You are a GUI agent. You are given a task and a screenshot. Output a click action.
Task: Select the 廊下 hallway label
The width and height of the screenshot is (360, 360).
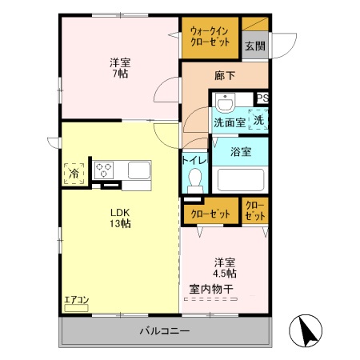pos(225,76)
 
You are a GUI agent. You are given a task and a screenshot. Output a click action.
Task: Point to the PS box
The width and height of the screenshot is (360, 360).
pos(262,98)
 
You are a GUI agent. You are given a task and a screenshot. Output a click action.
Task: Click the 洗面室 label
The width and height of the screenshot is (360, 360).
pos(229,123)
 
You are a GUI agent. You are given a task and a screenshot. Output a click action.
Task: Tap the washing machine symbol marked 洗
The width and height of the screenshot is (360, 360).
pos(259,120)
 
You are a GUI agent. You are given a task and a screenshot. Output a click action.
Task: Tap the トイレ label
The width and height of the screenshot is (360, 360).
pos(195,160)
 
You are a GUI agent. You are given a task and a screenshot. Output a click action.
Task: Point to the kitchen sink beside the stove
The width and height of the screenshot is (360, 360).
pos(137,170)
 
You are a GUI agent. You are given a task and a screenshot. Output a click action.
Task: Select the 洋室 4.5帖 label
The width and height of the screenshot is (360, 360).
pos(225,267)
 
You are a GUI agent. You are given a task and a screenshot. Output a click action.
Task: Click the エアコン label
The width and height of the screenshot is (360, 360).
pos(76,300)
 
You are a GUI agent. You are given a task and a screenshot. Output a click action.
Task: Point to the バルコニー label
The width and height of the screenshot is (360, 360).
pos(165,331)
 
